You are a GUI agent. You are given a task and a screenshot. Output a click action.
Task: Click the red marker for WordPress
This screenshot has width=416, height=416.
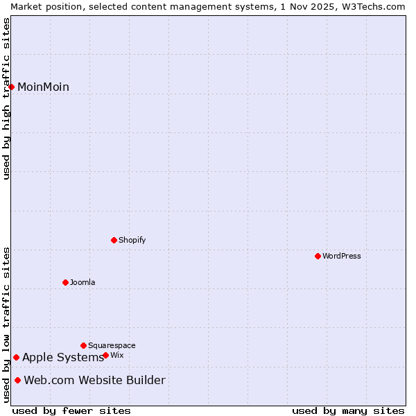(318, 256)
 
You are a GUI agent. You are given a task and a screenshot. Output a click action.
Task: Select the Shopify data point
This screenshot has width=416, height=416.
(114, 240)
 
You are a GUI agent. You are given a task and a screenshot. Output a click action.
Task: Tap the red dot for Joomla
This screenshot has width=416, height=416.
(65, 282)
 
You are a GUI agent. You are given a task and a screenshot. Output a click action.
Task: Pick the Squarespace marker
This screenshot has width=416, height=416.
(83, 345)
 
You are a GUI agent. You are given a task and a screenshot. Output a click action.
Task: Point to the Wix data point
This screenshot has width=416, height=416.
(105, 355)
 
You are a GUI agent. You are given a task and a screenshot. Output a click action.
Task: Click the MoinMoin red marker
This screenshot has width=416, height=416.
(12, 87)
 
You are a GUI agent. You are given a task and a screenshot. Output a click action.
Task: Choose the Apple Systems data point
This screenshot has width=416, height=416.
(16, 357)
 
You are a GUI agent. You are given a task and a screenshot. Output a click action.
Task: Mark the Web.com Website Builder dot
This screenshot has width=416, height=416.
(17, 380)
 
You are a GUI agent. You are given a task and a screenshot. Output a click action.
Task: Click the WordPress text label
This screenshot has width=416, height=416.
(341, 256)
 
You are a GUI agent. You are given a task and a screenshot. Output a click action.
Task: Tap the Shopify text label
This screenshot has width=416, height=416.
(132, 240)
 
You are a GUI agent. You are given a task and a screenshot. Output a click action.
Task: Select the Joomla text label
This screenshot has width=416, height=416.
(83, 282)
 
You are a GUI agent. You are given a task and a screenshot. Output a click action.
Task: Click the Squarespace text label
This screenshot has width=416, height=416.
(112, 345)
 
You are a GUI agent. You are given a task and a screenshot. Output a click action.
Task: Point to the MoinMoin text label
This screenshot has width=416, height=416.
(43, 87)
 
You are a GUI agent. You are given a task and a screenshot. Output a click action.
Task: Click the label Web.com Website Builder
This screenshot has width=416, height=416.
(94, 380)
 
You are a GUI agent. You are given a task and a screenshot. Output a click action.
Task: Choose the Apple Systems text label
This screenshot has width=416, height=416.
(62, 357)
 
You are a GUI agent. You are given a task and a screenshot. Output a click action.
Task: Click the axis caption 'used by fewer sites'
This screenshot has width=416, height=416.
(71, 410)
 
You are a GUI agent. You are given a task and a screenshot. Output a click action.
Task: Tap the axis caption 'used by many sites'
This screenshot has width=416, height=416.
(348, 410)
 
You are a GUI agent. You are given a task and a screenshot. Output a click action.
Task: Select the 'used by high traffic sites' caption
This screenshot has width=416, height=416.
(6, 98)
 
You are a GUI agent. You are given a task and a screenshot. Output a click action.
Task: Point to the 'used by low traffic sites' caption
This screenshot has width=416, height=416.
(6, 324)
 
